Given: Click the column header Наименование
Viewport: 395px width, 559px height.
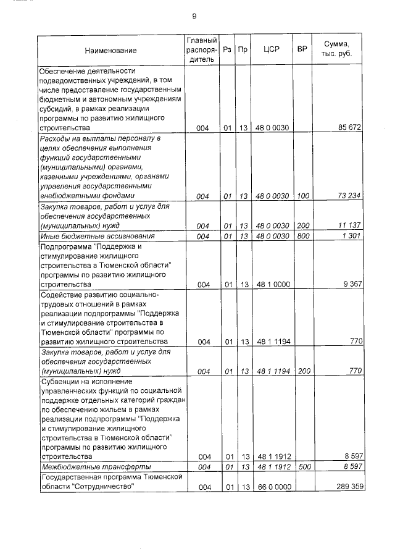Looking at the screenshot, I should [111, 50].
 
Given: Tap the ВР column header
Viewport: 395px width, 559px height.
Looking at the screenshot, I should [302, 50].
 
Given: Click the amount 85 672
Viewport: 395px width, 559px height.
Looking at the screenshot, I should [349, 128].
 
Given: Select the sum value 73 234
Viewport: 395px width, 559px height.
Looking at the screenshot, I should [349, 196].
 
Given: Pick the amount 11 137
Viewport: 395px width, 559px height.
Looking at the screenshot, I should [349, 225].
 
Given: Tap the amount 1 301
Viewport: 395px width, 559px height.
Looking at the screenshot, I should [352, 236].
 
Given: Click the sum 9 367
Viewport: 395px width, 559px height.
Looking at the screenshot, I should [352, 284].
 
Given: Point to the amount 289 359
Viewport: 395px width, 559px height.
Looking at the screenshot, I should [347, 487].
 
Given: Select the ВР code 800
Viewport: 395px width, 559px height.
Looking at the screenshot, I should [302, 236].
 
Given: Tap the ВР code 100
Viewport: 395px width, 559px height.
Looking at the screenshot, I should [302, 196].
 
